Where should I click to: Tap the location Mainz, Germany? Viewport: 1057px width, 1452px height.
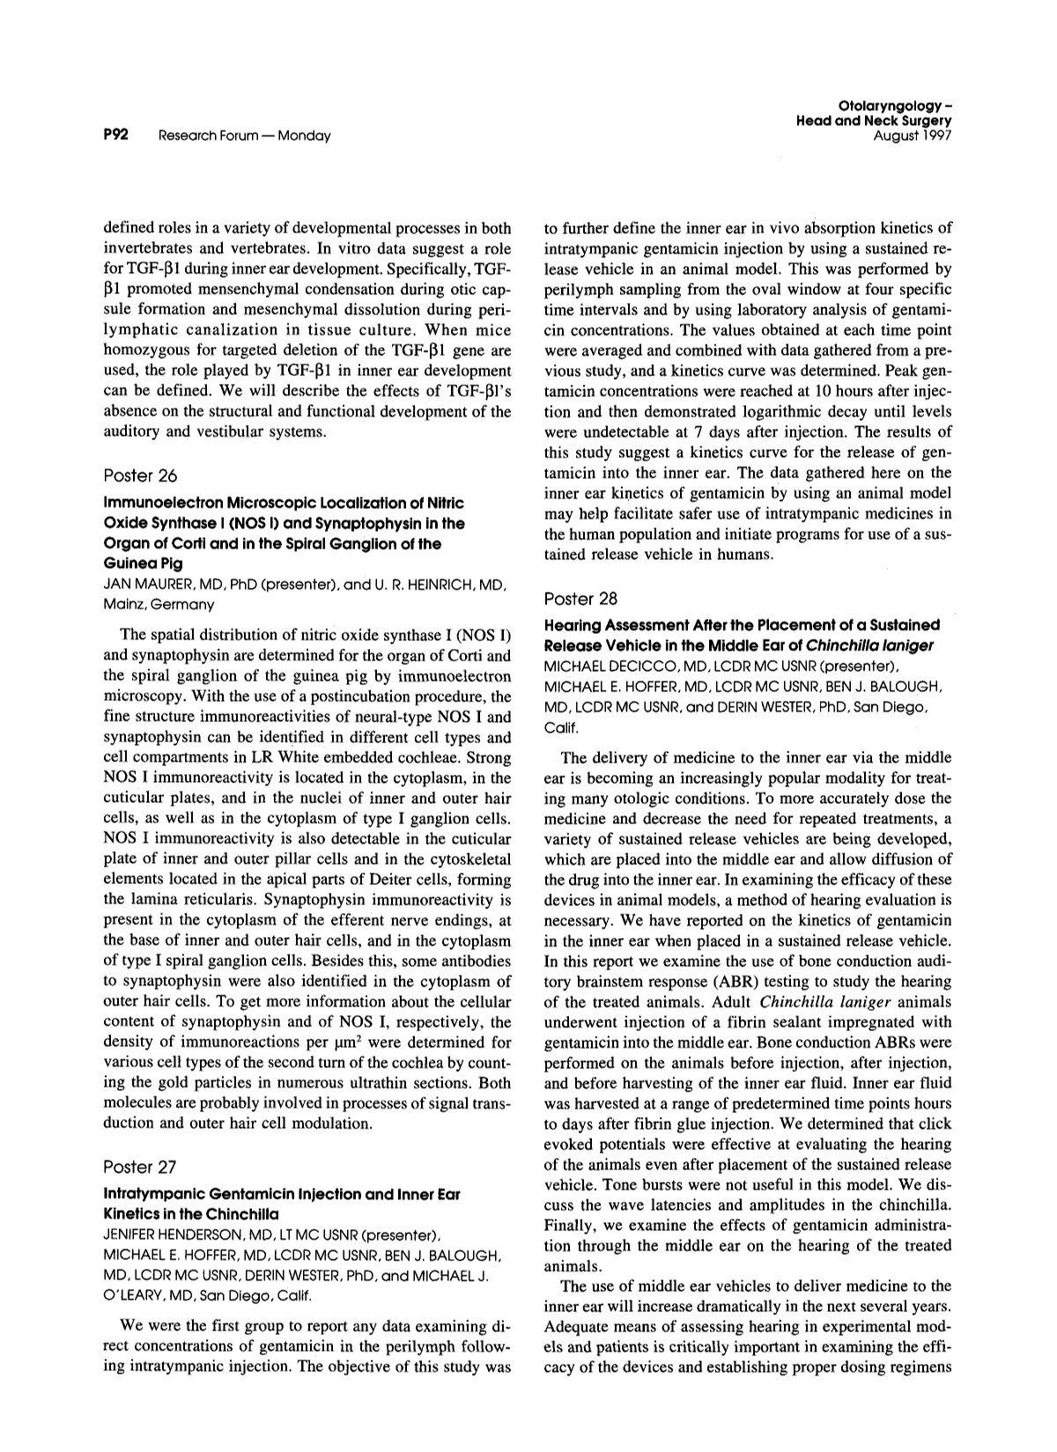[x=159, y=604]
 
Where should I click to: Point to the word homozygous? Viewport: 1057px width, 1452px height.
[x=144, y=351]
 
